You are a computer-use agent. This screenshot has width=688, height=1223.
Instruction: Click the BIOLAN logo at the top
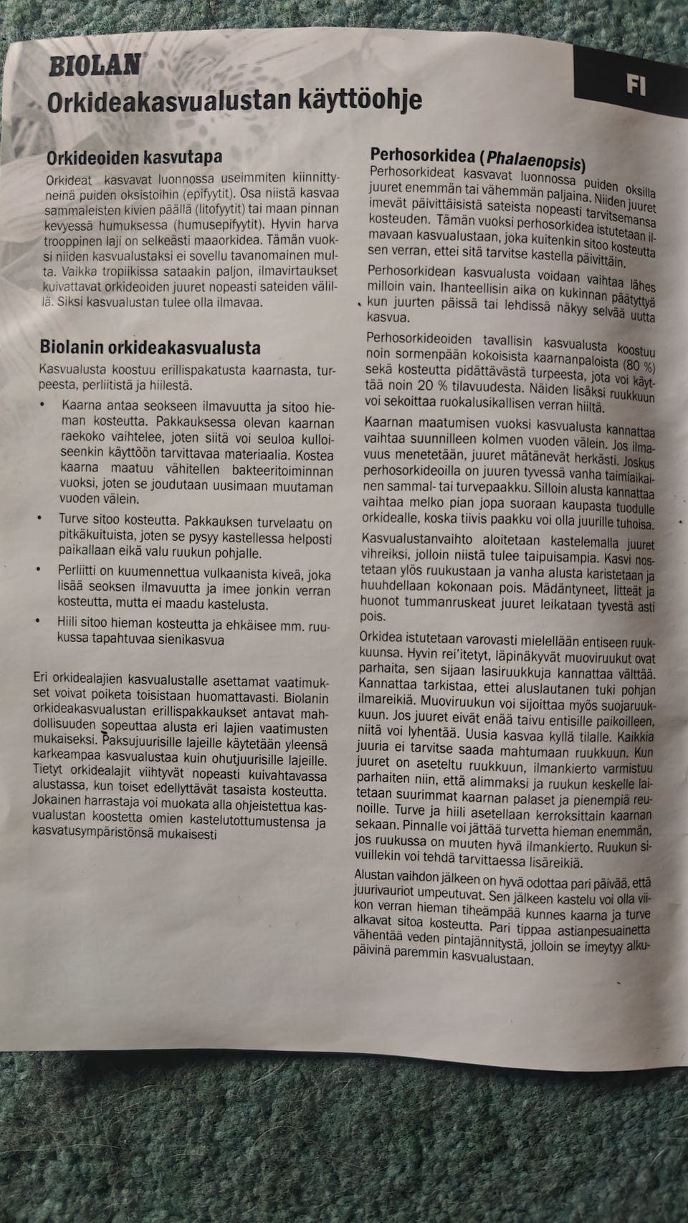pyautogui.click(x=94, y=66)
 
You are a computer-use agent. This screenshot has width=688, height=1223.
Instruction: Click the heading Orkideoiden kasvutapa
pyautogui.click(x=134, y=156)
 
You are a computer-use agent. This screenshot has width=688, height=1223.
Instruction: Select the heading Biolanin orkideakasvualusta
pyautogui.click(x=150, y=348)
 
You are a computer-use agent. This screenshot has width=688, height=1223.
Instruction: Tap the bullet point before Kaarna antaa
pyautogui.click(x=43, y=405)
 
